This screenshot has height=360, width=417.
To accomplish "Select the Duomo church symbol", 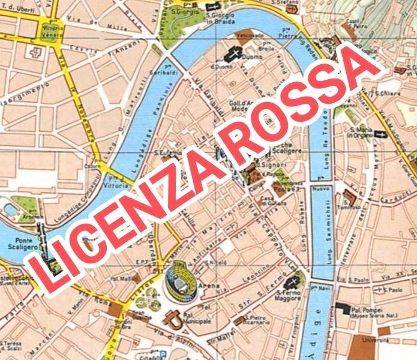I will click(230, 55).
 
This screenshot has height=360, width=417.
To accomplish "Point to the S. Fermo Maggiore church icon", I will click(293, 281).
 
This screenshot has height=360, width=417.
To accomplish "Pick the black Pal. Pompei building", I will click(343, 307).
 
